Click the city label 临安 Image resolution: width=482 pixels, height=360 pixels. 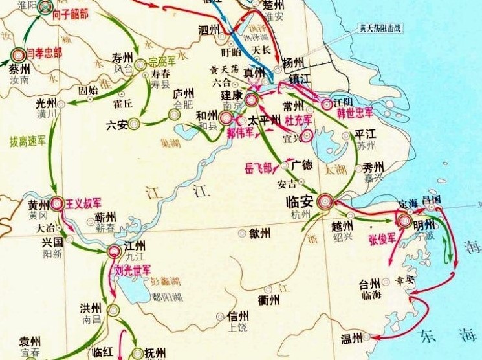click(x=299, y=201)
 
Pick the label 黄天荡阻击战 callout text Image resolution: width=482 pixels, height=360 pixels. click(x=389, y=28)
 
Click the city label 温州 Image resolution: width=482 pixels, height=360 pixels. click(x=353, y=338)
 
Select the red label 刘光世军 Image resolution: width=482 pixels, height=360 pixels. click(x=133, y=268)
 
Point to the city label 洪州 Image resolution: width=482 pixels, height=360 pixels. click(x=91, y=307)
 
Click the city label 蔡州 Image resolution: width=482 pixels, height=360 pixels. click(x=19, y=69)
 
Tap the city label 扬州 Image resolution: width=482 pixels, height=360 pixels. click(x=293, y=63)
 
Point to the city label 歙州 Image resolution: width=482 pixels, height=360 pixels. click(x=259, y=233)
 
